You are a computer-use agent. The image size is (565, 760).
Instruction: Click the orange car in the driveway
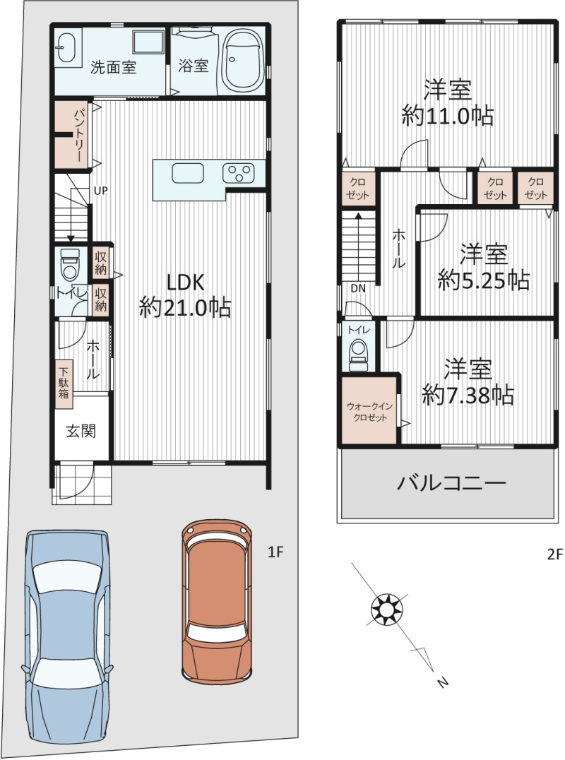217,600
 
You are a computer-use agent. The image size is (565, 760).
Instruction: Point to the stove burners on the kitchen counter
238,173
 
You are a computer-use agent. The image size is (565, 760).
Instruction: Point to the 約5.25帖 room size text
483,281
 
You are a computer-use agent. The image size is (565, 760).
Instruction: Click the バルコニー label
451,483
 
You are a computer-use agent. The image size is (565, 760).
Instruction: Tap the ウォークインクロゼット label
369,412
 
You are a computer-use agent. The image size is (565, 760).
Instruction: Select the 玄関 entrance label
81,430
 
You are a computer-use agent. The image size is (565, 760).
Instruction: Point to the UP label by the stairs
100,191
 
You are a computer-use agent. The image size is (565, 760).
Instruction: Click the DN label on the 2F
358,288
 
